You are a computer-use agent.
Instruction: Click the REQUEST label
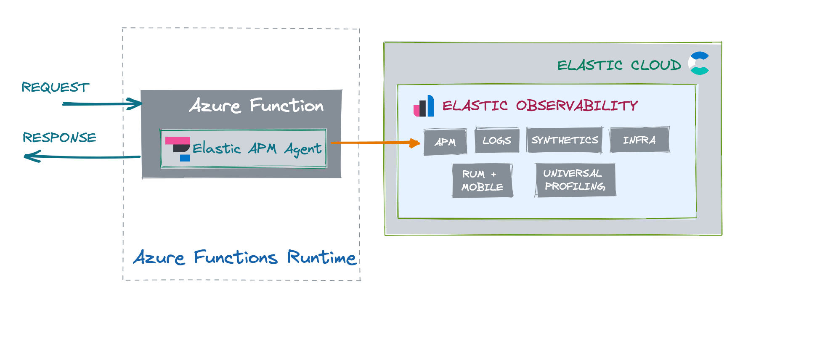click(x=56, y=87)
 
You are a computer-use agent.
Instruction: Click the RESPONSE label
click(x=59, y=138)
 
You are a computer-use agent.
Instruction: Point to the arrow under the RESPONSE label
click(x=82, y=157)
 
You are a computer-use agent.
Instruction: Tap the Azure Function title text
click(x=257, y=105)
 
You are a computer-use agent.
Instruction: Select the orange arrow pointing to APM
click(x=374, y=143)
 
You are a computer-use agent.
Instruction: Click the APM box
click(x=445, y=142)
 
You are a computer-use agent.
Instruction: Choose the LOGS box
click(x=496, y=140)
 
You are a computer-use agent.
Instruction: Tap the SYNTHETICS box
click(x=565, y=140)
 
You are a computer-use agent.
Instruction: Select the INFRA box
click(x=639, y=140)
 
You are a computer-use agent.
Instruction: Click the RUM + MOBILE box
click(x=482, y=180)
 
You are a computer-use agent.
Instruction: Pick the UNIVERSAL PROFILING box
click(x=575, y=180)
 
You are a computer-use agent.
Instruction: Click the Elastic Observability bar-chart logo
click(x=424, y=106)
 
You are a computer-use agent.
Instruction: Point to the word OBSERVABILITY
click(x=577, y=105)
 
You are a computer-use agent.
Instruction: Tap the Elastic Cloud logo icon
click(x=699, y=64)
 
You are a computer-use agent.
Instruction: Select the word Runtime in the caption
click(x=321, y=257)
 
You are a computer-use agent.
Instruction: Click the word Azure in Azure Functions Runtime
click(x=159, y=257)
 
